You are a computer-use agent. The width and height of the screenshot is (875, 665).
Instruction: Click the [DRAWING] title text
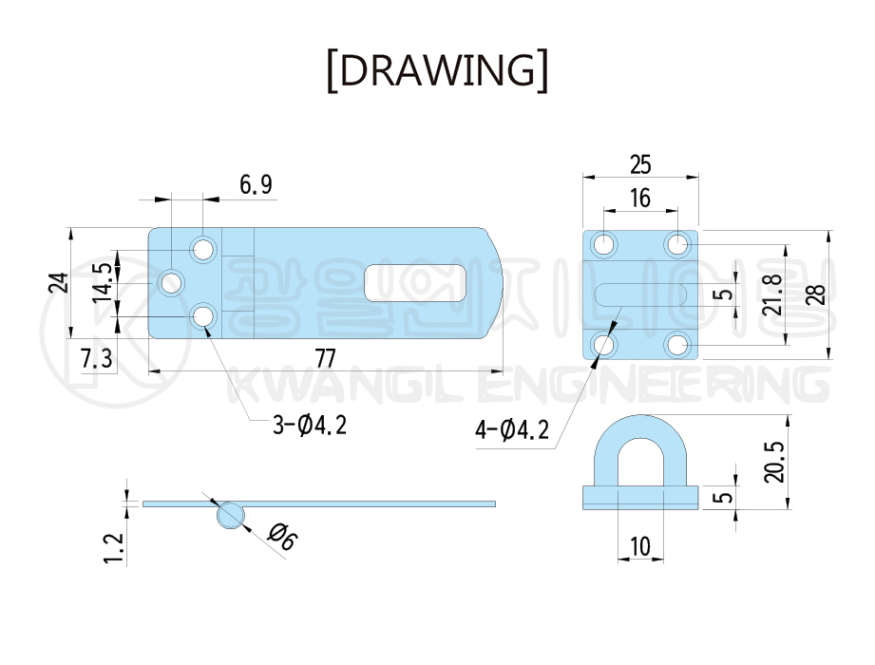pos(437,70)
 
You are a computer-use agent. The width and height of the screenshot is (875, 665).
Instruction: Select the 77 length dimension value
pos(325,358)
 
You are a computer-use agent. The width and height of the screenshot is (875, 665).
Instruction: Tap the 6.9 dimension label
pos(257,184)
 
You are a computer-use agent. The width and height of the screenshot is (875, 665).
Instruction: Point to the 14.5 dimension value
pos(103,283)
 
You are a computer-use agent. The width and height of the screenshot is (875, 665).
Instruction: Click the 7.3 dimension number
pos(97,358)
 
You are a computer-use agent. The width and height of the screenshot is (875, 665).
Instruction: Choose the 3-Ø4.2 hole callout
pos(310,425)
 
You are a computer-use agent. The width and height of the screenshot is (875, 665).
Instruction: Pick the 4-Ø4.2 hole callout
pos(512,429)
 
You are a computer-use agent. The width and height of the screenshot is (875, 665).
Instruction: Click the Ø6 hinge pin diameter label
pos(283,536)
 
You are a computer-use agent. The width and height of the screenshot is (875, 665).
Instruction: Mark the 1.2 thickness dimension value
pos(114,548)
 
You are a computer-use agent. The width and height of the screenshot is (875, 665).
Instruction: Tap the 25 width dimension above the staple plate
pos(640,164)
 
